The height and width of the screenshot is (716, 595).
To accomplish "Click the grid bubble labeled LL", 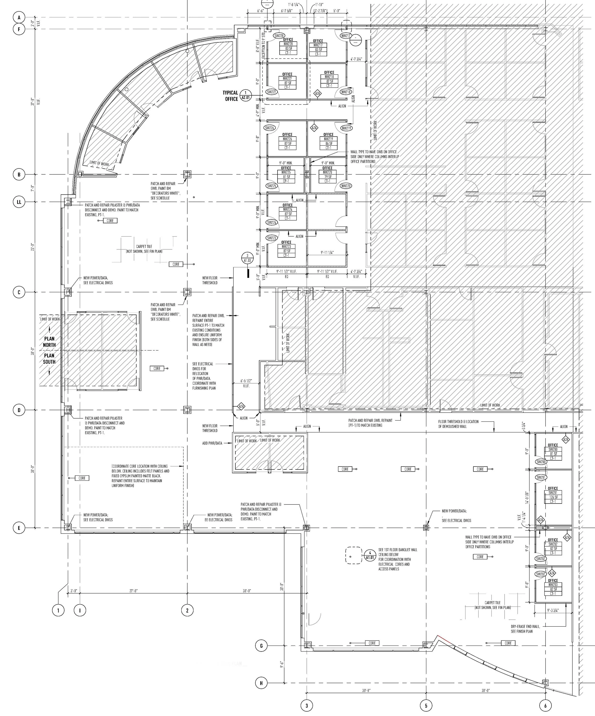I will (x=19, y=202).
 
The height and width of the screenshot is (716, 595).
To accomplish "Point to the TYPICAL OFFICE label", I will (x=230, y=96).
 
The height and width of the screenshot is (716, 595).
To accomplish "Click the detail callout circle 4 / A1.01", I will (x=370, y=555).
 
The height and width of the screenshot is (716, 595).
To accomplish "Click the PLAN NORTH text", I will (x=49, y=342).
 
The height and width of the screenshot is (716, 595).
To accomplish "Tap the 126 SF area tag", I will (x=553, y=497).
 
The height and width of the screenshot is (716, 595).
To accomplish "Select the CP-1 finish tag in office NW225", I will (x=286, y=181).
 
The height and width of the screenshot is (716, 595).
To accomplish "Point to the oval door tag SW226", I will (x=269, y=128).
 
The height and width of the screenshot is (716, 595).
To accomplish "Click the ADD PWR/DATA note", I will (x=212, y=443).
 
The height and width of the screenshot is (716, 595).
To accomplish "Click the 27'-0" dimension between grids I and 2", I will (x=133, y=591).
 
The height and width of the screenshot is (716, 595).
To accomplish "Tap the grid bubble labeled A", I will (x=19, y=17).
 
